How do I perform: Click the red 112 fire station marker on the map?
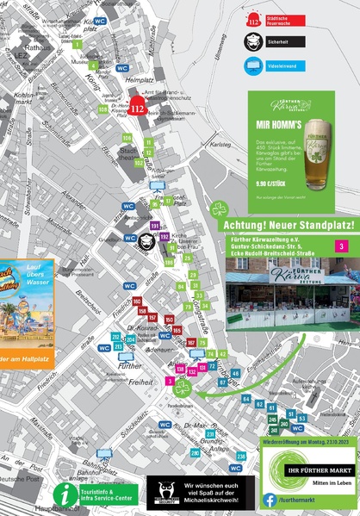pos(138,109)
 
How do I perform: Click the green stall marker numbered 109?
pos(102,109)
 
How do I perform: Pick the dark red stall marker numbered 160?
pos(137,301)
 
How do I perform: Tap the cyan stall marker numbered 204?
pos(130,339)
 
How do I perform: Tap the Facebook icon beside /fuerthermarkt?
pos(270,499)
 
